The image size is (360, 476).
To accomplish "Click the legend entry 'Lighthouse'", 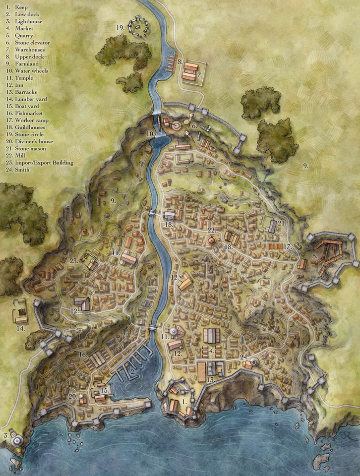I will pyautogui.click(x=24, y=22).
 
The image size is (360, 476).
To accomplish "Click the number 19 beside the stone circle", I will pyautogui.click(x=120, y=28).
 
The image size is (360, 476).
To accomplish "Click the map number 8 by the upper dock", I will pyautogui.click(x=180, y=62).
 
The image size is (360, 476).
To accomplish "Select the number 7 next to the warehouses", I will pyautogui.click(x=198, y=75).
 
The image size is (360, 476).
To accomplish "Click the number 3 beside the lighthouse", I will pyautogui.click(x=6, y=435).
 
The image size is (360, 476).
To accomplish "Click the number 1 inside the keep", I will pyautogui.click(x=185, y=400).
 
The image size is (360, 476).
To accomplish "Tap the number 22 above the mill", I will pyautogui.click(x=212, y=230).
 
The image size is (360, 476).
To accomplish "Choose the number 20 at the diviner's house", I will pyautogui.click(x=72, y=396).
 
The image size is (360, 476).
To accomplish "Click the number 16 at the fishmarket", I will pyautogui.click(x=82, y=355).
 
